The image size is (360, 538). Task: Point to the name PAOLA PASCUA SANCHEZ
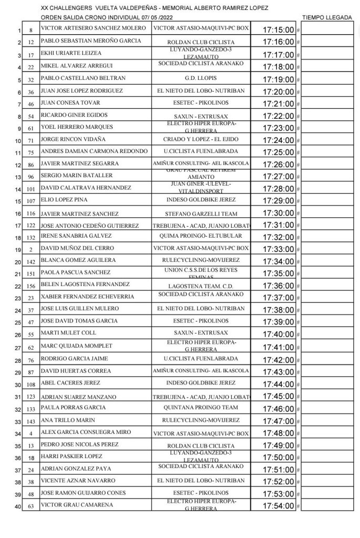point(75,273)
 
